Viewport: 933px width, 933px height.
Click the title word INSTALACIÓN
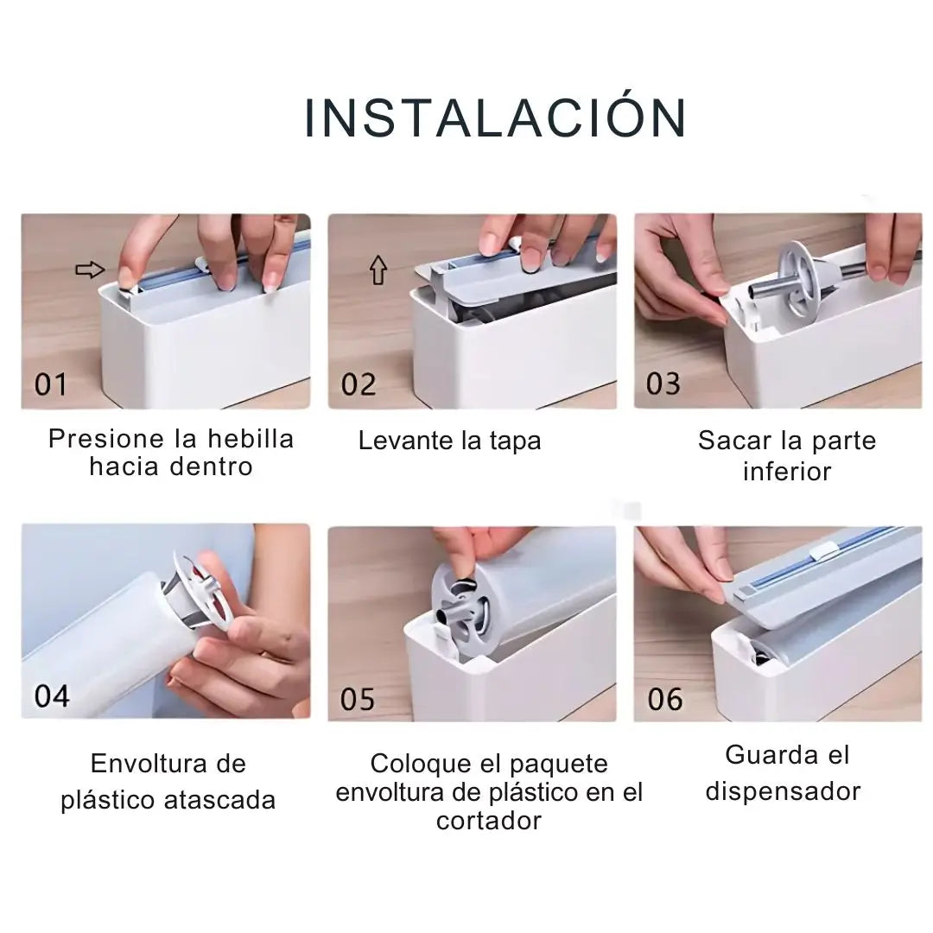[496, 118]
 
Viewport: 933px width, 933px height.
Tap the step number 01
[50, 384]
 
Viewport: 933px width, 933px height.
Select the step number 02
[358, 384]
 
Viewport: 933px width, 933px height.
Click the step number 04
[52, 695]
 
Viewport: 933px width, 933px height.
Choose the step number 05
[358, 698]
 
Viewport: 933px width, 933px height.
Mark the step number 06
[664, 698]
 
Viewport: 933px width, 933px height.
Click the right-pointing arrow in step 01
[89, 270]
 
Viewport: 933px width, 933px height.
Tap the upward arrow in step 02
[378, 270]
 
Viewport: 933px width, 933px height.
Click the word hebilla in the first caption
[251, 439]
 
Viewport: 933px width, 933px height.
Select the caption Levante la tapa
[449, 441]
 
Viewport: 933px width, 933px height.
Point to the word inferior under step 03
[786, 472]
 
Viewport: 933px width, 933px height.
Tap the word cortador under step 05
[489, 820]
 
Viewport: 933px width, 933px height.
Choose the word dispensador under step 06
[783, 791]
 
